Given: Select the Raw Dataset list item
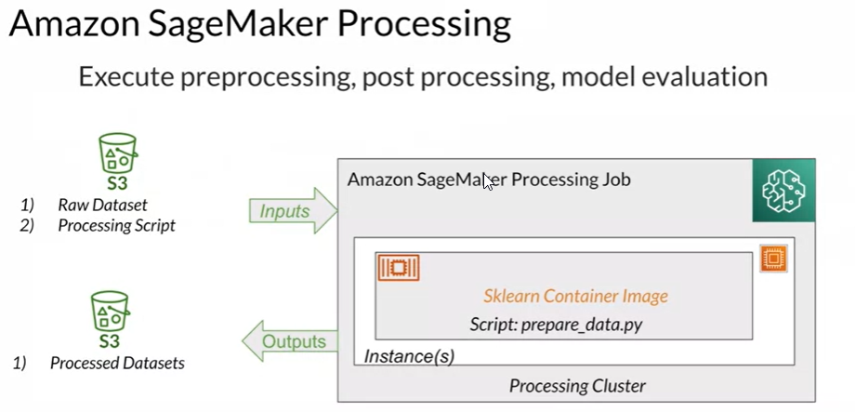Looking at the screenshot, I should pyautogui.click(x=102, y=205).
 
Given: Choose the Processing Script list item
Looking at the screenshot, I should pyautogui.click(x=116, y=225).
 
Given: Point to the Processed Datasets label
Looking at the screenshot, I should pyautogui.click(x=117, y=364).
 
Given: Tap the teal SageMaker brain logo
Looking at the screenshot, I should pyautogui.click(x=783, y=190).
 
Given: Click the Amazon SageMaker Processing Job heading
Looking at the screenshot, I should pyautogui.click(x=489, y=179).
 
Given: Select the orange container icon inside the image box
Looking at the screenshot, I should pyautogui.click(x=399, y=268).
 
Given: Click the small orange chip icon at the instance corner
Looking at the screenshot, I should pyautogui.click(x=771, y=258).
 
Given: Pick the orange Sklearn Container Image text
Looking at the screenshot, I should pyautogui.click(x=575, y=297).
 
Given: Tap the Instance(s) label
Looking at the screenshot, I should pyautogui.click(x=409, y=356).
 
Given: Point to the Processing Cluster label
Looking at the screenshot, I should pyautogui.click(x=577, y=386).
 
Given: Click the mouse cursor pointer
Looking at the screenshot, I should pyautogui.click(x=488, y=180).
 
